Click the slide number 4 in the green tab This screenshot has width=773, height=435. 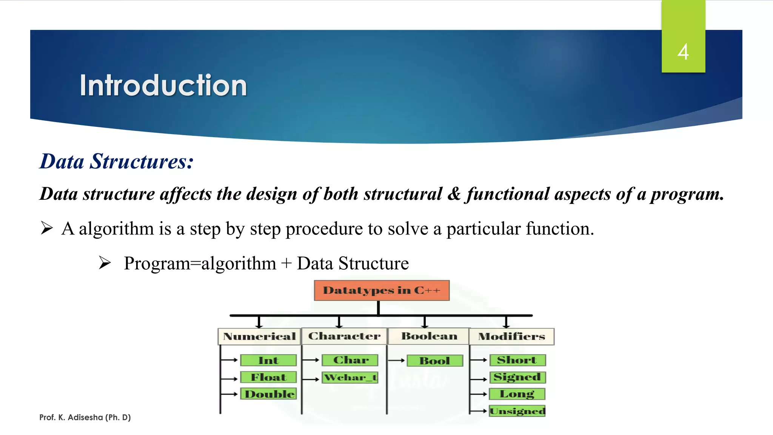(x=683, y=52)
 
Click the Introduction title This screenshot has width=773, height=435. (x=163, y=86)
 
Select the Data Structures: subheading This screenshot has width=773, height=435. (x=117, y=162)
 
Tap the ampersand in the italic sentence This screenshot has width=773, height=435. (x=454, y=194)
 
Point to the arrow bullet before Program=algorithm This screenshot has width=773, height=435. (x=105, y=262)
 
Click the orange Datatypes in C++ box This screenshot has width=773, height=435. (x=382, y=290)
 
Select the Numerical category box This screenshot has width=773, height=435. (x=259, y=336)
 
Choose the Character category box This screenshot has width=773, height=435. (x=344, y=336)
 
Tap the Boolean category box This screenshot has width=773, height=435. (x=429, y=336)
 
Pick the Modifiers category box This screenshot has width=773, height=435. (x=511, y=336)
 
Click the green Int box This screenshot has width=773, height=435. (x=268, y=360)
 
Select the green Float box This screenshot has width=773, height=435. (x=268, y=377)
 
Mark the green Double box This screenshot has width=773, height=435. (x=268, y=394)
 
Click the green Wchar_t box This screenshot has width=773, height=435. (x=350, y=377)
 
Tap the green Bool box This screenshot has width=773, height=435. (x=434, y=361)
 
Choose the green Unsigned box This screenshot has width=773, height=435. (x=517, y=411)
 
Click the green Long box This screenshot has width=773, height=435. (x=517, y=394)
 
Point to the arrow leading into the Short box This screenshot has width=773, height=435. (x=479, y=360)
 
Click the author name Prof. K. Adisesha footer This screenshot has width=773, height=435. (x=85, y=417)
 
